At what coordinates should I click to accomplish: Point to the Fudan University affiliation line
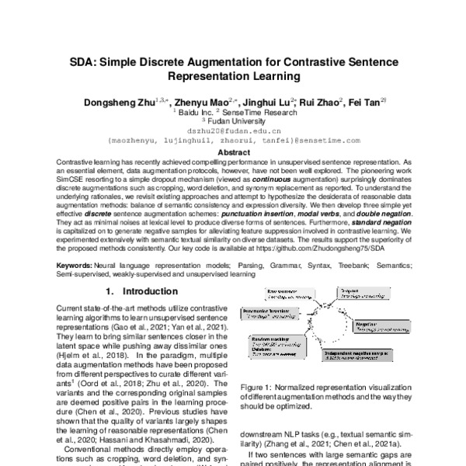(232, 120)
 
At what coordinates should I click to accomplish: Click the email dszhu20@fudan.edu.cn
(232, 131)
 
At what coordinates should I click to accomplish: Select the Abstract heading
(232, 153)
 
